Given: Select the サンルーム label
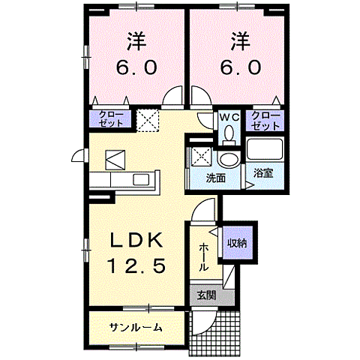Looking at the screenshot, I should click(136, 328).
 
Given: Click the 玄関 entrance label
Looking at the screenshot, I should click(205, 295).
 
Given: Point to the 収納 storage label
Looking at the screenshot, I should click(238, 243).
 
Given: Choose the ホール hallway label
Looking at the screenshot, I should click(203, 257).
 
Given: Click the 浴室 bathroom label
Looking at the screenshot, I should click(262, 172).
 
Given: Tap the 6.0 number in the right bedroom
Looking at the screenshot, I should click(241, 67).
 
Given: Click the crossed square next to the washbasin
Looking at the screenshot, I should click(199, 157).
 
